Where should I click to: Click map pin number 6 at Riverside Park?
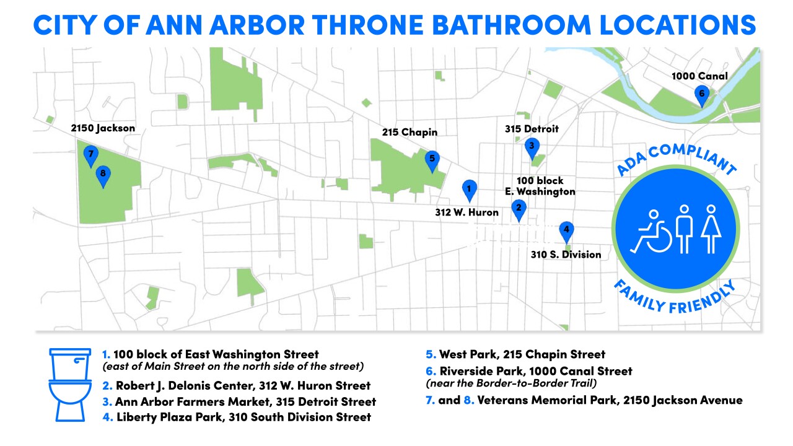[701, 95]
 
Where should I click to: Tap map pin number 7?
[91, 155]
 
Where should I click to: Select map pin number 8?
[103, 175]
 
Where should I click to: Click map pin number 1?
[470, 189]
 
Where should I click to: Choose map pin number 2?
[519, 209]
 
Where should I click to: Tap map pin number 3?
[531, 147]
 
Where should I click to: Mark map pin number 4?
[566, 231]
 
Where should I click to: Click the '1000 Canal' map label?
[699, 77]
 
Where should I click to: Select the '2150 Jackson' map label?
[102, 128]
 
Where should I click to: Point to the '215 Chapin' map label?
[410, 132]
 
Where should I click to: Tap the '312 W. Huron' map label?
[467, 212]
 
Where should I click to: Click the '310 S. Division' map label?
[566, 254]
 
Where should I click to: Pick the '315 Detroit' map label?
[532, 129]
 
